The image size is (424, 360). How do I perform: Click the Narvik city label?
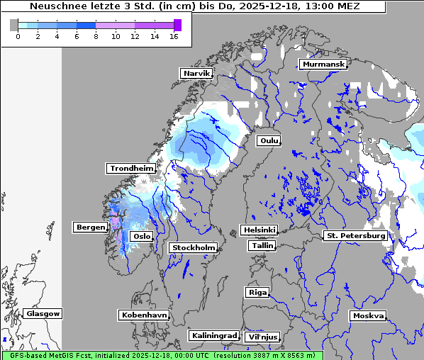[196, 73]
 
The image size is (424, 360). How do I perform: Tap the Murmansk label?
[323, 64]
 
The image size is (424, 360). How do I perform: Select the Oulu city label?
[268, 140]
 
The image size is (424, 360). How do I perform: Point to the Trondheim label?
[131, 168]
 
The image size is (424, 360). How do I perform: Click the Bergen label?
[89, 227]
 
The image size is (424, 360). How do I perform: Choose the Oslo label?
[142, 236]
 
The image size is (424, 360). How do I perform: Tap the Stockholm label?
[193, 247]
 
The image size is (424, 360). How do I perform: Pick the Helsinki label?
[259, 230]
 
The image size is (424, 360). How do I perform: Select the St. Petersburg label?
[355, 235]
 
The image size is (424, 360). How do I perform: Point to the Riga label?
[257, 292]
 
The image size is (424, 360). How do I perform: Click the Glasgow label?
[43, 313]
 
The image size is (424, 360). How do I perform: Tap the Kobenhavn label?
[144, 314]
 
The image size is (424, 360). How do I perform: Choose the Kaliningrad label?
[213, 335]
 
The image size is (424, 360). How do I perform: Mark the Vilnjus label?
[262, 337]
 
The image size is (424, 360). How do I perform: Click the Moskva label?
[368, 315]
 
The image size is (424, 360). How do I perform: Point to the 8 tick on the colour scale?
[96, 36]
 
